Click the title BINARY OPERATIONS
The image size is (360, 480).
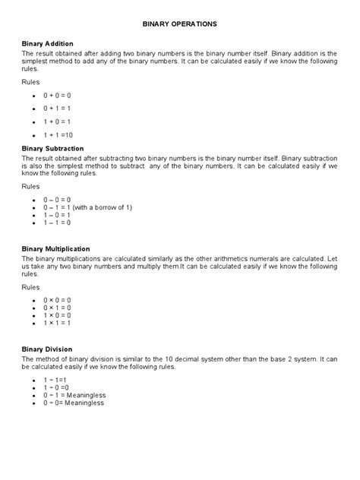[180, 24]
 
